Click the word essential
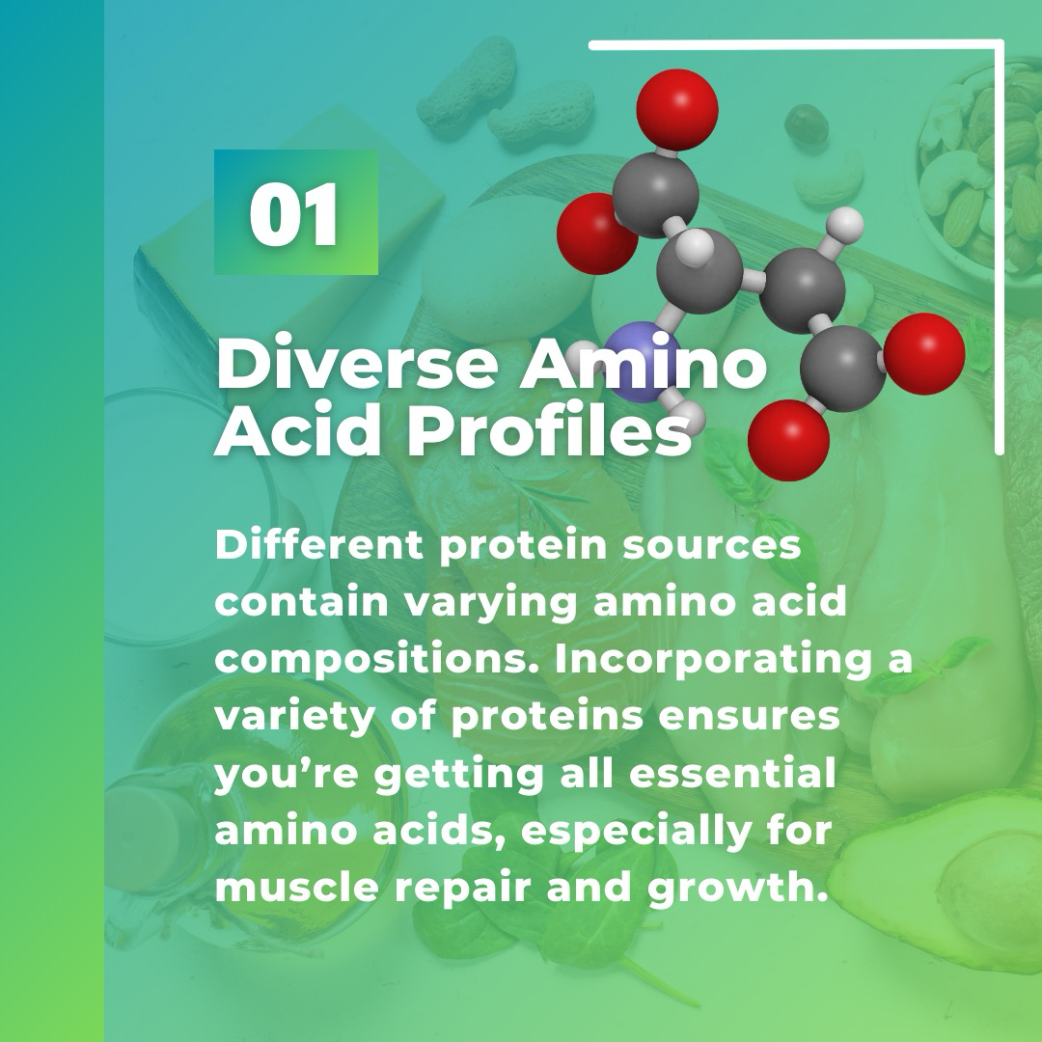[731, 774]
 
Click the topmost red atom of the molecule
[677, 110]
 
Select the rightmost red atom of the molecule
[923, 353]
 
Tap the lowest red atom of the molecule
[789, 439]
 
